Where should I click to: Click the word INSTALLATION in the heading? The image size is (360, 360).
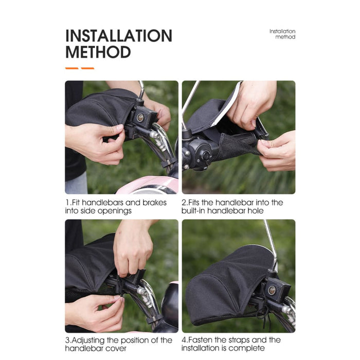[x=118, y=36]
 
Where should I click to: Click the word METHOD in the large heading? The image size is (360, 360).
[x=98, y=52]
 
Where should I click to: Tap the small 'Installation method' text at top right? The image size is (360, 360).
[x=282, y=34]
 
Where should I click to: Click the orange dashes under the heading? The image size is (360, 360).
[x=79, y=68]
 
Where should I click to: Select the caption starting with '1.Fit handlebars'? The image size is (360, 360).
[x=116, y=207]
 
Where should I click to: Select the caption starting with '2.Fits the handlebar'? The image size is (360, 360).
[x=232, y=207]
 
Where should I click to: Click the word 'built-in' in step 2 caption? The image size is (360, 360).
[x=194, y=211]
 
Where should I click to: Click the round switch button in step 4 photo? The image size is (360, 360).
[x=272, y=290]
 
